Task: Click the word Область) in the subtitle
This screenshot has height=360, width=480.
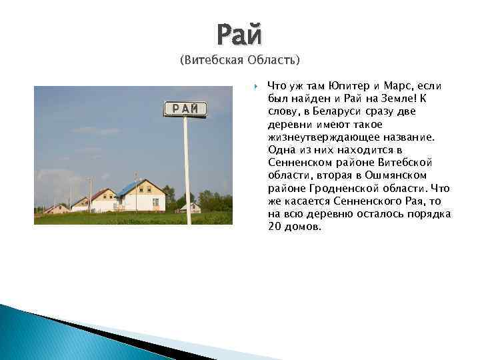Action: point(274,61)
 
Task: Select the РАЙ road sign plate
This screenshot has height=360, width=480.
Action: point(185,109)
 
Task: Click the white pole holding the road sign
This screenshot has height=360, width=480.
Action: point(187,167)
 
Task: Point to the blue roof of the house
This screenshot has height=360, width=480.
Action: point(130,188)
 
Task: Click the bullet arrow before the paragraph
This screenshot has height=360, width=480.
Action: point(256,86)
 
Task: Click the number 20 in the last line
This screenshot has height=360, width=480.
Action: point(274,226)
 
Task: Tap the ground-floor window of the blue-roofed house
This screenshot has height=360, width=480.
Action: point(155,201)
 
